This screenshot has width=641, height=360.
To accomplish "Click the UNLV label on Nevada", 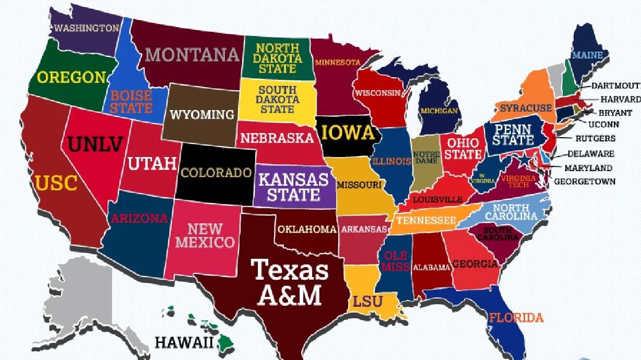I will [95, 144].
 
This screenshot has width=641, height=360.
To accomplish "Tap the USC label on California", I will [56, 183].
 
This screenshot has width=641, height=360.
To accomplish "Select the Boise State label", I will [131, 102].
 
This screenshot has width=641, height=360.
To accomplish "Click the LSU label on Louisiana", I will [368, 302].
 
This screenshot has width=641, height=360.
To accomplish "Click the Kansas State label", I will [294, 187].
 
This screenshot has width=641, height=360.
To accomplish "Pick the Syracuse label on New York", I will [526, 109].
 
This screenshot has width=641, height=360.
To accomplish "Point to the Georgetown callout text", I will [584, 182].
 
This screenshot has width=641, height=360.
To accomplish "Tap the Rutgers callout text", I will [595, 139].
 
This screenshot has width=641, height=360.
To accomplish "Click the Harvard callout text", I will [620, 99].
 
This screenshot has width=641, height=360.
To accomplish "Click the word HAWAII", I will [184, 343].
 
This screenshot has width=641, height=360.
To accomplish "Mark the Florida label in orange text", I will [516, 317].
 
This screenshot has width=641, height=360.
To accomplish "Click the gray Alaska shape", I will [89, 297].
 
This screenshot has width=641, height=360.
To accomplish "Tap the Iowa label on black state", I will [348, 133].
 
